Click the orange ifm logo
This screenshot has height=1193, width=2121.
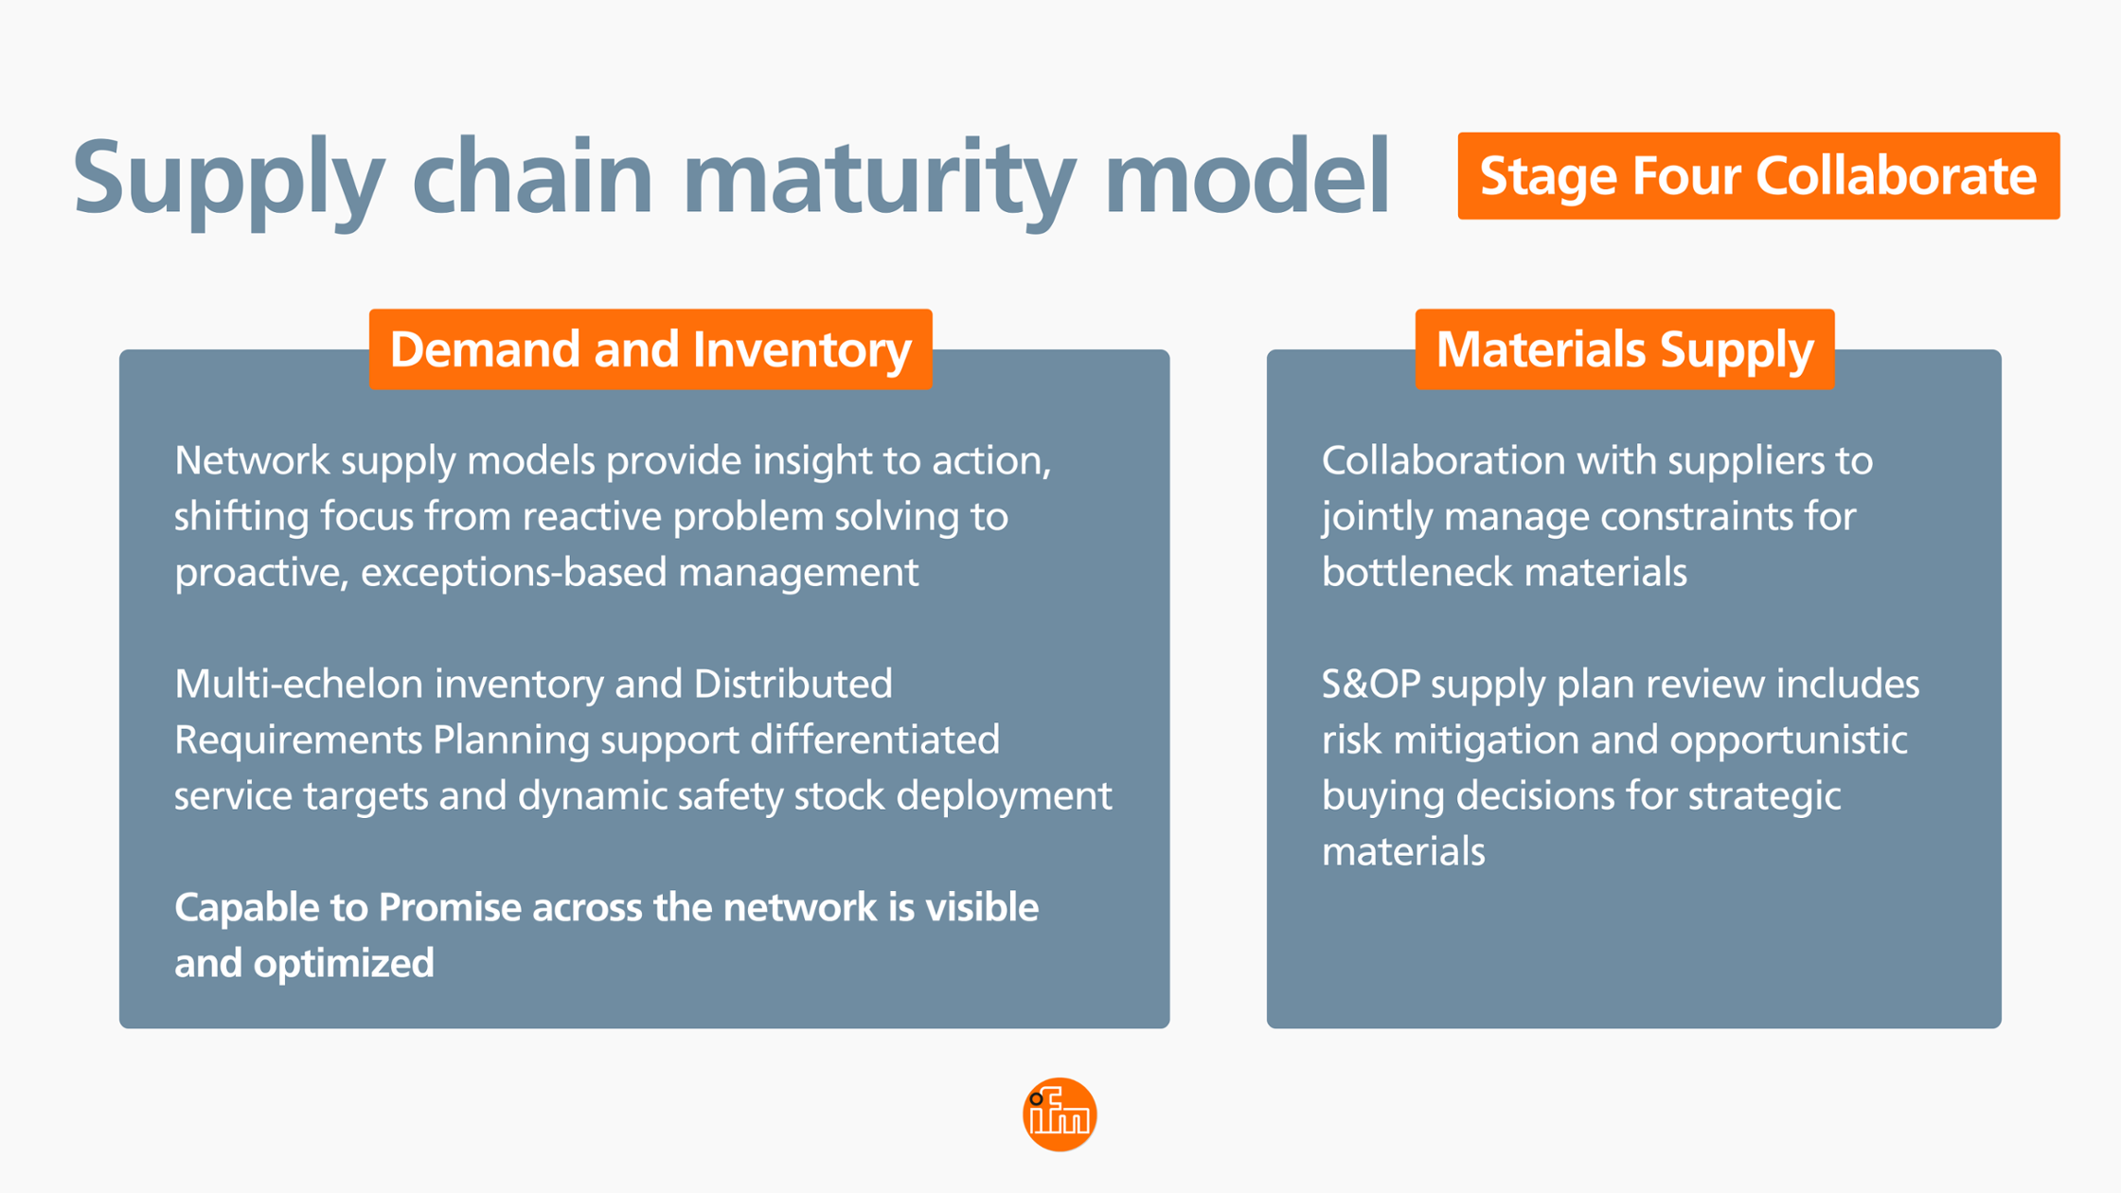pos(1060,1114)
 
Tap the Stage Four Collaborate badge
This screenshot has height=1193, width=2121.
pos(1757,176)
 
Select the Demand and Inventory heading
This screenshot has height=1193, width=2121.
pos(651,349)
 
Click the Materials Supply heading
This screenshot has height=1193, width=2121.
pos(1624,349)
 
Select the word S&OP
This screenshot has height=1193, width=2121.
pos(1370,684)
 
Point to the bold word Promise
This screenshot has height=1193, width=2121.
pos(449,907)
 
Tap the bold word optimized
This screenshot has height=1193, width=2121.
pos(344,963)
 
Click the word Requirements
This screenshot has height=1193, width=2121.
pos(297,739)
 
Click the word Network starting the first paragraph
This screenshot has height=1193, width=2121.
pos(252,461)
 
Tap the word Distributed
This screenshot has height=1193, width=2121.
pos(793,684)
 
